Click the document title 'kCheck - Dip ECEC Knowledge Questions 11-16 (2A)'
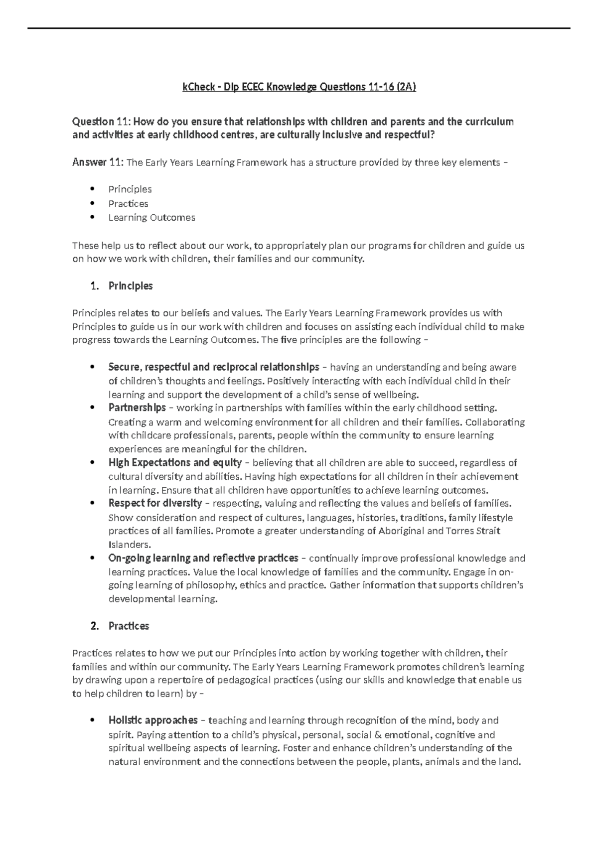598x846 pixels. point(299,87)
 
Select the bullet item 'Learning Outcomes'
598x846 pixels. point(151,217)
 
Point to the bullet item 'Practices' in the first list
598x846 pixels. point(128,203)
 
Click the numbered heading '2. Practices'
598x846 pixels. point(120,626)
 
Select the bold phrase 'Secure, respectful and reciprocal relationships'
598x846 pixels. point(213,367)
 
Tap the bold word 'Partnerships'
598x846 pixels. point(137,408)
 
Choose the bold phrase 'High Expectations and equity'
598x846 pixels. point(175,462)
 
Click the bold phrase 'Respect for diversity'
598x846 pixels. point(155,503)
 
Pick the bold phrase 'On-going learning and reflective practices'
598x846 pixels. point(203,558)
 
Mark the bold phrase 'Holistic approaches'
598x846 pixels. point(153,720)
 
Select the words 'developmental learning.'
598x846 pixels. point(163,599)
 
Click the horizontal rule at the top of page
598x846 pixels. point(299,28)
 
